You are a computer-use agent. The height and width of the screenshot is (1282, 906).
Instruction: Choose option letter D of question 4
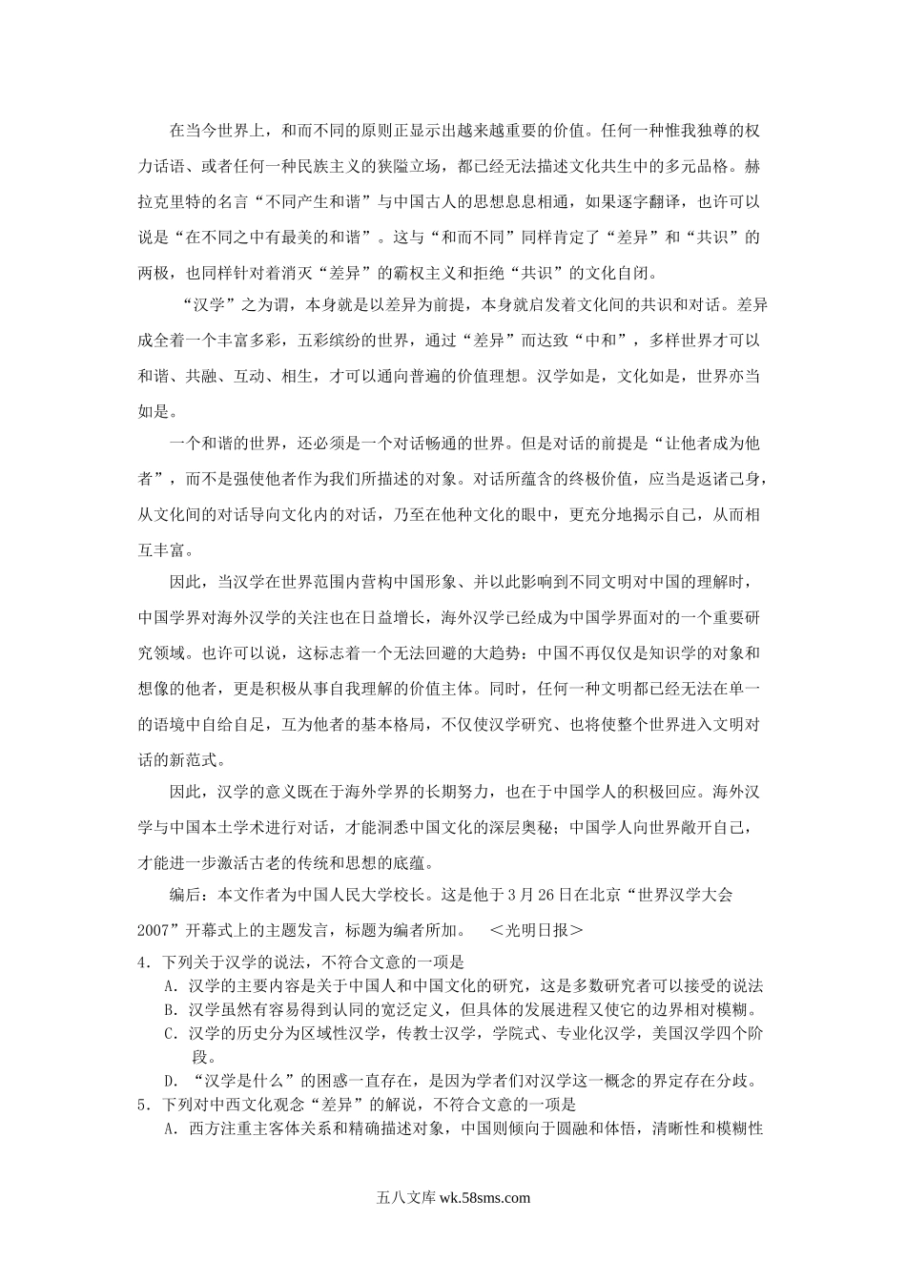pyautogui.click(x=172, y=1082)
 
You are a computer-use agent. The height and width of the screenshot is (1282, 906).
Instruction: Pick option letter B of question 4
pyautogui.click(x=172, y=1010)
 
